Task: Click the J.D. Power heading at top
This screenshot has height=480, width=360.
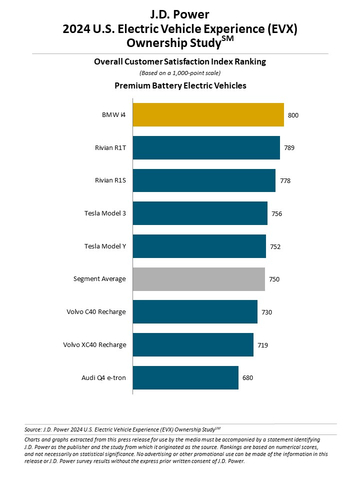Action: [180, 11]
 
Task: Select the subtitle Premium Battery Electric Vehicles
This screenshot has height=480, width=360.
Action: [180, 87]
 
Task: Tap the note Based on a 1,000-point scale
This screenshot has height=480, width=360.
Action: [180, 73]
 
